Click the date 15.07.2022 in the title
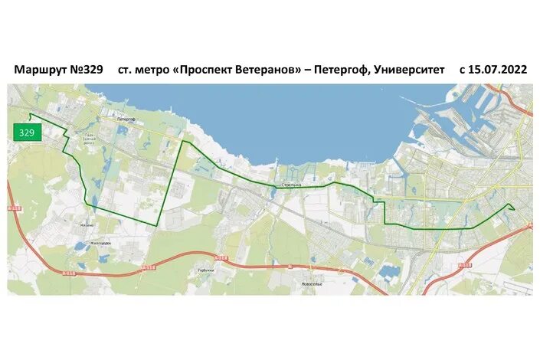499,69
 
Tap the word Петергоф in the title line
338,69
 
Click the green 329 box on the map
27,133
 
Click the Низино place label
87,225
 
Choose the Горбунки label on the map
205,270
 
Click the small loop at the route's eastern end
511,207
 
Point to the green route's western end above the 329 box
31,116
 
